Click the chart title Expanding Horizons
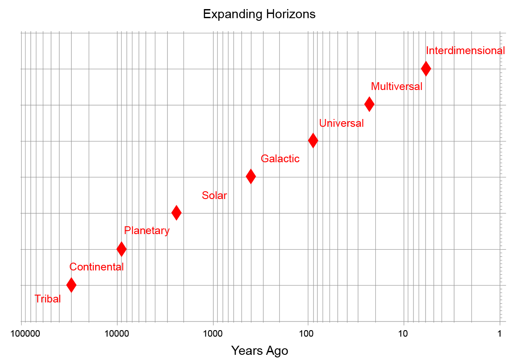(259, 14)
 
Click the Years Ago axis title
(260, 350)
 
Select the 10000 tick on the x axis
(117, 334)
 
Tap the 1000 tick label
(212, 334)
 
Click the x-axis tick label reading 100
(308, 334)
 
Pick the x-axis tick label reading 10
(403, 334)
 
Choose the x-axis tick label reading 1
(500, 334)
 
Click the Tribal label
(48, 299)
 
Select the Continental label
(96, 267)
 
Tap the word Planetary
(147, 231)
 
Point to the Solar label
(215, 196)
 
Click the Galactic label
(280, 159)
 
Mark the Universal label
(341, 123)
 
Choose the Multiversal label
(397, 87)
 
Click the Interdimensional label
(465, 51)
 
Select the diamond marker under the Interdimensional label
(426, 68)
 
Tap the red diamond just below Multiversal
(369, 104)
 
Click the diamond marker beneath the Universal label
(313, 140)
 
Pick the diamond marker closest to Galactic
(251, 176)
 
